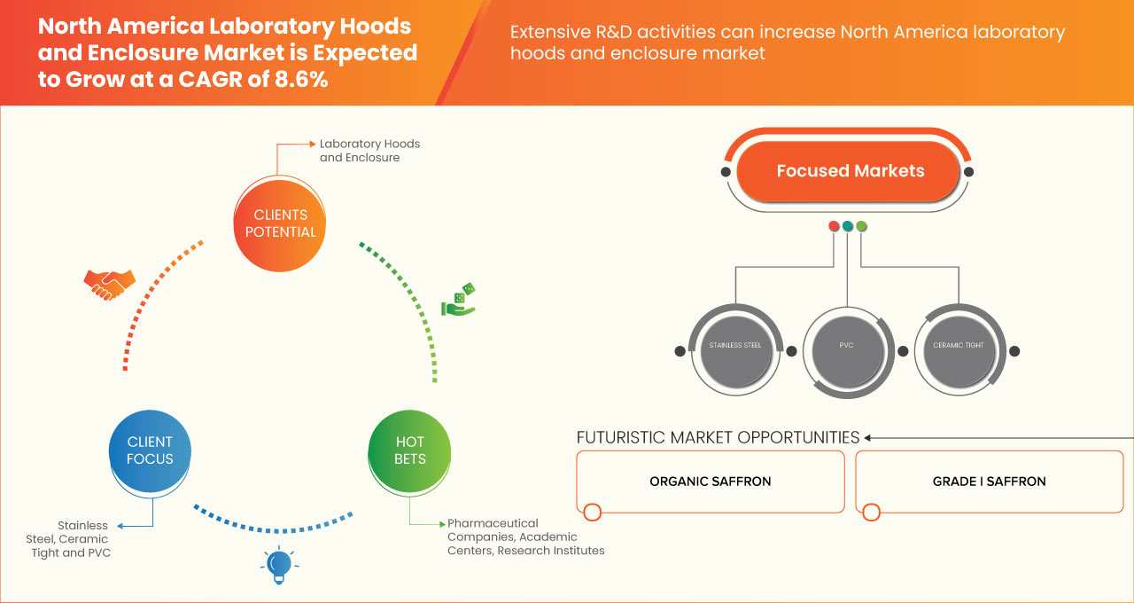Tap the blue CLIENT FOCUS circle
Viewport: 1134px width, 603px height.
click(150, 450)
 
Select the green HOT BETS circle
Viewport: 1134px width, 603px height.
click(409, 450)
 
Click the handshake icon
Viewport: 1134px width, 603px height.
click(109, 284)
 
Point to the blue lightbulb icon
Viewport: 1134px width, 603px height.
click(278, 566)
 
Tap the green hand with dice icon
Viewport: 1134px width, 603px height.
click(459, 301)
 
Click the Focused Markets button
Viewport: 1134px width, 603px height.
click(849, 171)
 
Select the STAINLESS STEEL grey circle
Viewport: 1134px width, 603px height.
click(735, 347)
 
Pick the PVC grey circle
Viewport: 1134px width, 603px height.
click(846, 346)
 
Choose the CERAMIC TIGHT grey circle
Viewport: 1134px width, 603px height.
click(958, 346)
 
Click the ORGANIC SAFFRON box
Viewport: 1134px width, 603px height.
click(710, 482)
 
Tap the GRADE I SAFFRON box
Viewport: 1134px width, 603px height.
click(989, 482)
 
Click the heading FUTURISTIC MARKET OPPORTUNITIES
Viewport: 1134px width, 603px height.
click(718, 437)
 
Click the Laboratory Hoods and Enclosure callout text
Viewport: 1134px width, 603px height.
click(369, 151)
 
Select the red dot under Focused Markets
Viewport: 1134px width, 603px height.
click(834, 226)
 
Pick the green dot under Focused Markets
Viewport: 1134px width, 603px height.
click(861, 226)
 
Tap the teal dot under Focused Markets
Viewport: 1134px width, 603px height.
click(848, 226)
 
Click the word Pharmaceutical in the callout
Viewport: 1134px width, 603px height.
click(493, 523)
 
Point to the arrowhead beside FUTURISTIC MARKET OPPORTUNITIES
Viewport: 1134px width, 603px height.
click(868, 437)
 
